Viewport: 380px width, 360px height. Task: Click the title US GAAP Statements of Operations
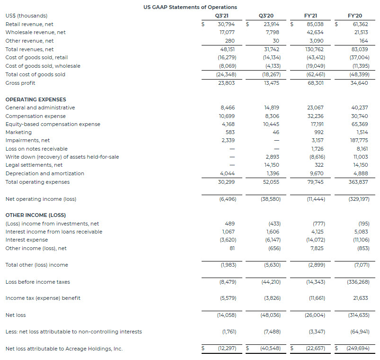[190, 7]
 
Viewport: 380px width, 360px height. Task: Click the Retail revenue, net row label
[29, 24]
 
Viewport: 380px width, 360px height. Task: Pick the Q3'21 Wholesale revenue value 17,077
[226, 33]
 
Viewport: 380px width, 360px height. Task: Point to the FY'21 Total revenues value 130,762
[315, 49]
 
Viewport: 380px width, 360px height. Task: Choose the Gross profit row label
[20, 83]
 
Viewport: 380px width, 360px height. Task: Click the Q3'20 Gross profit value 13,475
[271, 83]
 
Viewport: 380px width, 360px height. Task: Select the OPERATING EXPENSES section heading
[35, 99]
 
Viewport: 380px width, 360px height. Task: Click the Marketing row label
[18, 132]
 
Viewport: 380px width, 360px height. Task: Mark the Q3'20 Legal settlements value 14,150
[271, 165]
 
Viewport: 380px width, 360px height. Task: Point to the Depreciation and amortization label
[44, 173]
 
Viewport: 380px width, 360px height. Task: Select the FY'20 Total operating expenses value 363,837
[358, 182]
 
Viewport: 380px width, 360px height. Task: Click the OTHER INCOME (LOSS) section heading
[35, 215]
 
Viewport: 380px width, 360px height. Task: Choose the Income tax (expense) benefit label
[43, 298]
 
